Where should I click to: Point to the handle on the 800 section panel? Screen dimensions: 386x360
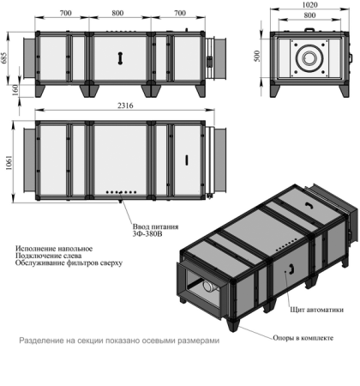(x=121, y=54)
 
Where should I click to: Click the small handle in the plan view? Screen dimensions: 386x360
(x=186, y=159)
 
